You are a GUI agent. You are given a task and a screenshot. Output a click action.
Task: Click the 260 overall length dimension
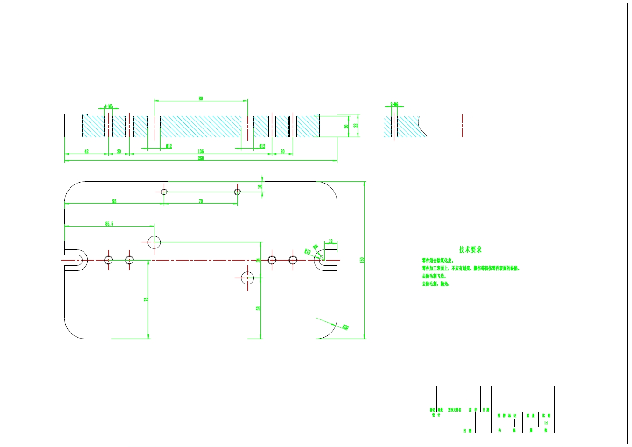pos(201,158)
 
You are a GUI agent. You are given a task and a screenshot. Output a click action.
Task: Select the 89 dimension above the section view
pos(201,99)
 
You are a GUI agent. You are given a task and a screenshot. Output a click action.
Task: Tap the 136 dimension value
pos(201,151)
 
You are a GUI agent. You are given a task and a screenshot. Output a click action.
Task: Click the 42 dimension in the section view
pos(86,151)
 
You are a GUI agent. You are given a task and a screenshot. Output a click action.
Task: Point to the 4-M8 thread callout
pos(108,106)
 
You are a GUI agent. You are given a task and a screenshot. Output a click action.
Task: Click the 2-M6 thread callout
pos(394,105)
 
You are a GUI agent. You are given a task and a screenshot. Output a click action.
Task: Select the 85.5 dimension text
pos(109,224)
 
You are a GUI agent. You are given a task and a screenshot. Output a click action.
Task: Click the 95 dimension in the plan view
pos(114,201)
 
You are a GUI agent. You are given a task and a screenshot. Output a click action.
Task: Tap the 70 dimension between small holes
pos(201,201)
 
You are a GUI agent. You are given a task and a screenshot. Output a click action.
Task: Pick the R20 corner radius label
pos(345,327)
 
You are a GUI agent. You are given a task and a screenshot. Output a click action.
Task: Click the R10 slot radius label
pos(308,251)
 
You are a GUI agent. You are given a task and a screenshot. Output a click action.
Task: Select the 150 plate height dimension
pos(362,260)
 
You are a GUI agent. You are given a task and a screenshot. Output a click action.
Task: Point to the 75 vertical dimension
pos(146,299)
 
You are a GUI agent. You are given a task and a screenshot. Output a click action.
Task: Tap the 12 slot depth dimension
pos(331,241)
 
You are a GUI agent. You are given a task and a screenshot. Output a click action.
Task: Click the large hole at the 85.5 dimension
pos(154,242)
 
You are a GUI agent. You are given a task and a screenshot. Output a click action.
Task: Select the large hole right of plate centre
pos(247,278)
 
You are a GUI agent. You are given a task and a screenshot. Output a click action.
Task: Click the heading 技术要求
pos(470,250)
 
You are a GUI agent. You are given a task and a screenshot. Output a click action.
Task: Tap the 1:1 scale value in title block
pos(546,423)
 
